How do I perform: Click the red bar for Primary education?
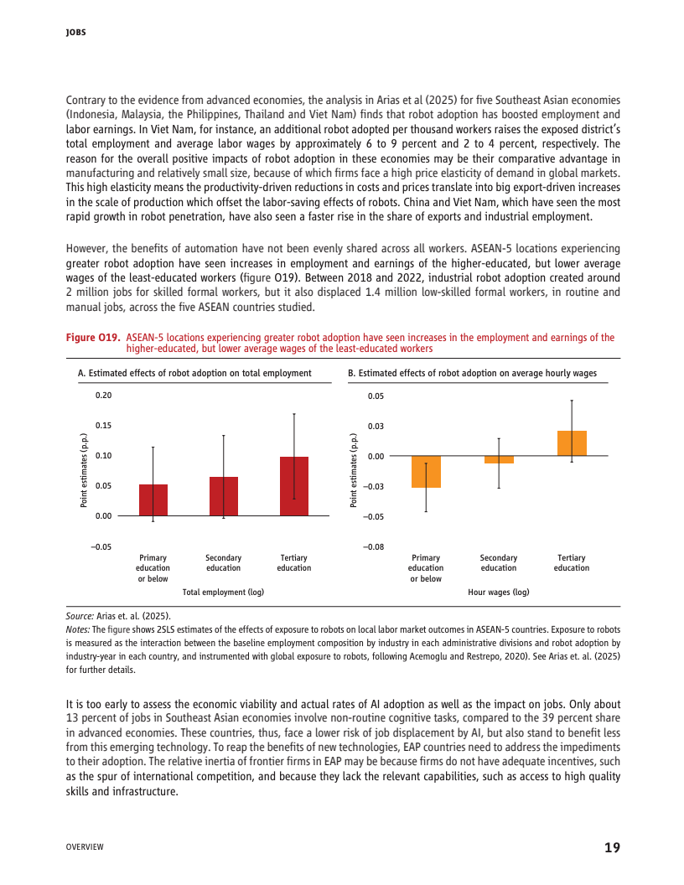(x=153, y=500)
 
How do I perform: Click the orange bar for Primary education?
(x=426, y=472)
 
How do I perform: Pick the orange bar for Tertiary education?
(x=572, y=443)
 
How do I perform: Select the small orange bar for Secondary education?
(x=499, y=460)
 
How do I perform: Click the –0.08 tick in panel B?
(x=374, y=547)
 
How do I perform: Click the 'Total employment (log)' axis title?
(x=223, y=593)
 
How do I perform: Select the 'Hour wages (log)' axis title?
(x=498, y=593)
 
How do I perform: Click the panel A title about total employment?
(x=194, y=373)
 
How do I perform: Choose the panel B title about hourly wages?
(x=472, y=373)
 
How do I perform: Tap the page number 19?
(x=612, y=847)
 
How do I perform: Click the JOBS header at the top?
(x=76, y=33)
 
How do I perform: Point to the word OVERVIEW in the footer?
(x=85, y=848)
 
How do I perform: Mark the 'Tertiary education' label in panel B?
(x=572, y=562)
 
